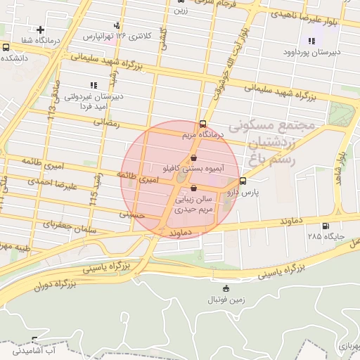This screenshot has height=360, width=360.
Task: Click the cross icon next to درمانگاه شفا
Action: click(x=41, y=30)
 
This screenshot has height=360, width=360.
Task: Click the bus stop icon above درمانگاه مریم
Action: click(x=202, y=123)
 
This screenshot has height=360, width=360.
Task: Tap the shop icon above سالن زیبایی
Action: click(x=193, y=188)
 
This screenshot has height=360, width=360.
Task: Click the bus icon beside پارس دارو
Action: click(x=243, y=181)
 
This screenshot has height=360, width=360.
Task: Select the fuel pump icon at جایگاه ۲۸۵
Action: click(x=324, y=226)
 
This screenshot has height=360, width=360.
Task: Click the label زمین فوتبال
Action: click(x=226, y=300)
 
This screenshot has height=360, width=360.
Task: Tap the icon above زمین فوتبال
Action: click(x=226, y=288)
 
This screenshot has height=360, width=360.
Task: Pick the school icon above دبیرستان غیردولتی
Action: click(x=94, y=85)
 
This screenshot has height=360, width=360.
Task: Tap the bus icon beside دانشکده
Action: click(x=6, y=47)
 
